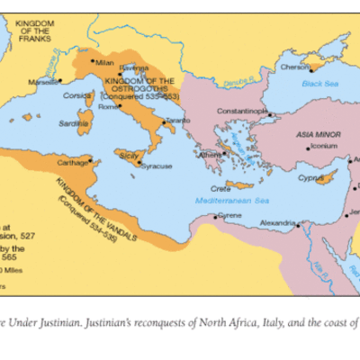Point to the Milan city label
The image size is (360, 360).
tap(105, 62)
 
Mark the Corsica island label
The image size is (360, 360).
tap(77, 94)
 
